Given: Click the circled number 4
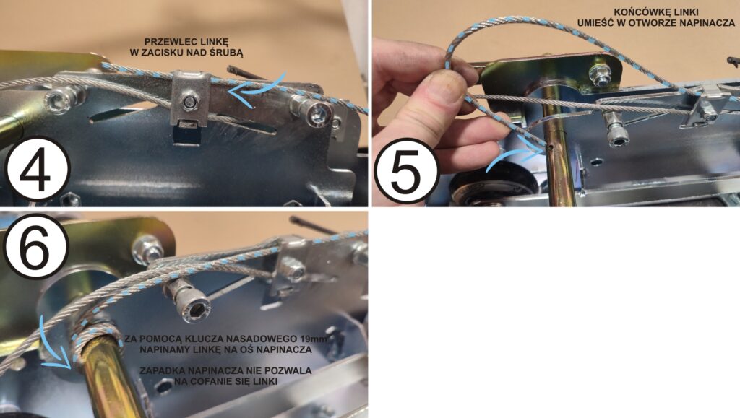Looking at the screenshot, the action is (x=38, y=169).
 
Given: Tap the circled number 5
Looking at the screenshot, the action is (x=406, y=170).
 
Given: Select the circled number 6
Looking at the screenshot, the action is (x=36, y=245).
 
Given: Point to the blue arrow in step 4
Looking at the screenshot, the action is (x=257, y=90).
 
